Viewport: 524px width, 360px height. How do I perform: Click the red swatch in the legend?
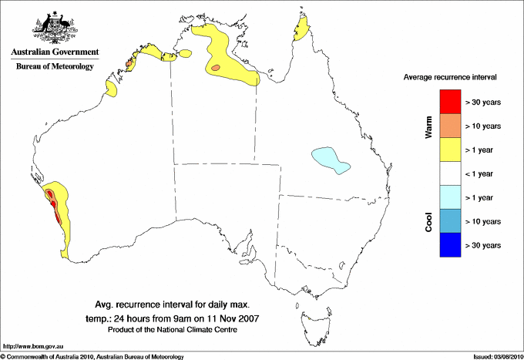pos(450,102)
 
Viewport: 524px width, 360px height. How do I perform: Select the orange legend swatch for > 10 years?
pos(450,126)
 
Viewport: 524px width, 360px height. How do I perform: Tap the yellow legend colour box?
pos(450,150)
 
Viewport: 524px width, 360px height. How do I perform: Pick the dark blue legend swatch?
pos(450,245)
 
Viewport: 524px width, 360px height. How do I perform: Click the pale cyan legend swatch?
pos(450,197)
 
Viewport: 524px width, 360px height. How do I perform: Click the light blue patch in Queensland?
pos(330,160)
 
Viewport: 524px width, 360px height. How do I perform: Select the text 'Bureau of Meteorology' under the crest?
pos(55,66)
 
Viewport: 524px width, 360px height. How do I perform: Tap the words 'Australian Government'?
pos(55,52)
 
